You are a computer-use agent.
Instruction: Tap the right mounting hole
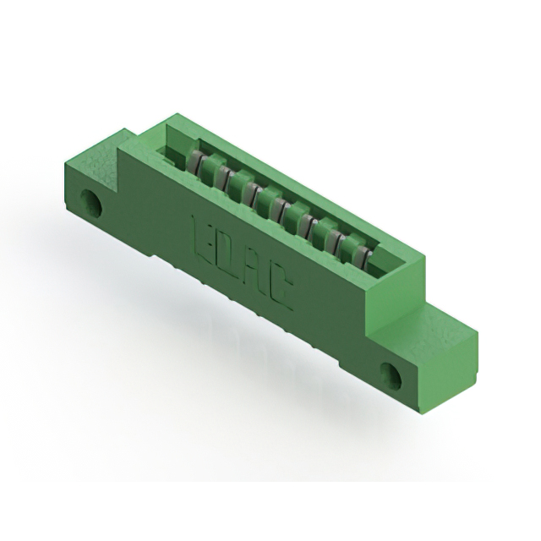pyautogui.click(x=391, y=373)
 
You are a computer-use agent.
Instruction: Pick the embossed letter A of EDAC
pyautogui.click(x=256, y=272)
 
